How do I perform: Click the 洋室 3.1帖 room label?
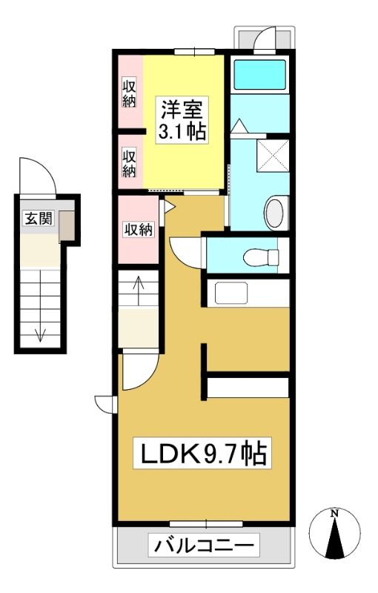click(x=182, y=119)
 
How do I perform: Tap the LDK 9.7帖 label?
click(x=203, y=453)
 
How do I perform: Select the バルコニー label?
click(x=204, y=546)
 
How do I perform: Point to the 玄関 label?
click(x=39, y=218)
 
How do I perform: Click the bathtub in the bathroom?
click(x=259, y=75)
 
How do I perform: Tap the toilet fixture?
click(x=261, y=258)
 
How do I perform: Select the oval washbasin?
click(x=277, y=213)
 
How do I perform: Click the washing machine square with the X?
click(x=273, y=156)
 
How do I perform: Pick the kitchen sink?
click(x=231, y=293)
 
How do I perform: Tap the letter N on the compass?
click(x=334, y=514)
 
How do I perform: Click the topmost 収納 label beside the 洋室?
click(x=129, y=93)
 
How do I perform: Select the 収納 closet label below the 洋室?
click(x=139, y=229)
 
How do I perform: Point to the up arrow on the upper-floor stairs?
click(x=139, y=291)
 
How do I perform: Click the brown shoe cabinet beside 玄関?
click(x=67, y=226)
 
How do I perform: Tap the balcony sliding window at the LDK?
click(x=206, y=524)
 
